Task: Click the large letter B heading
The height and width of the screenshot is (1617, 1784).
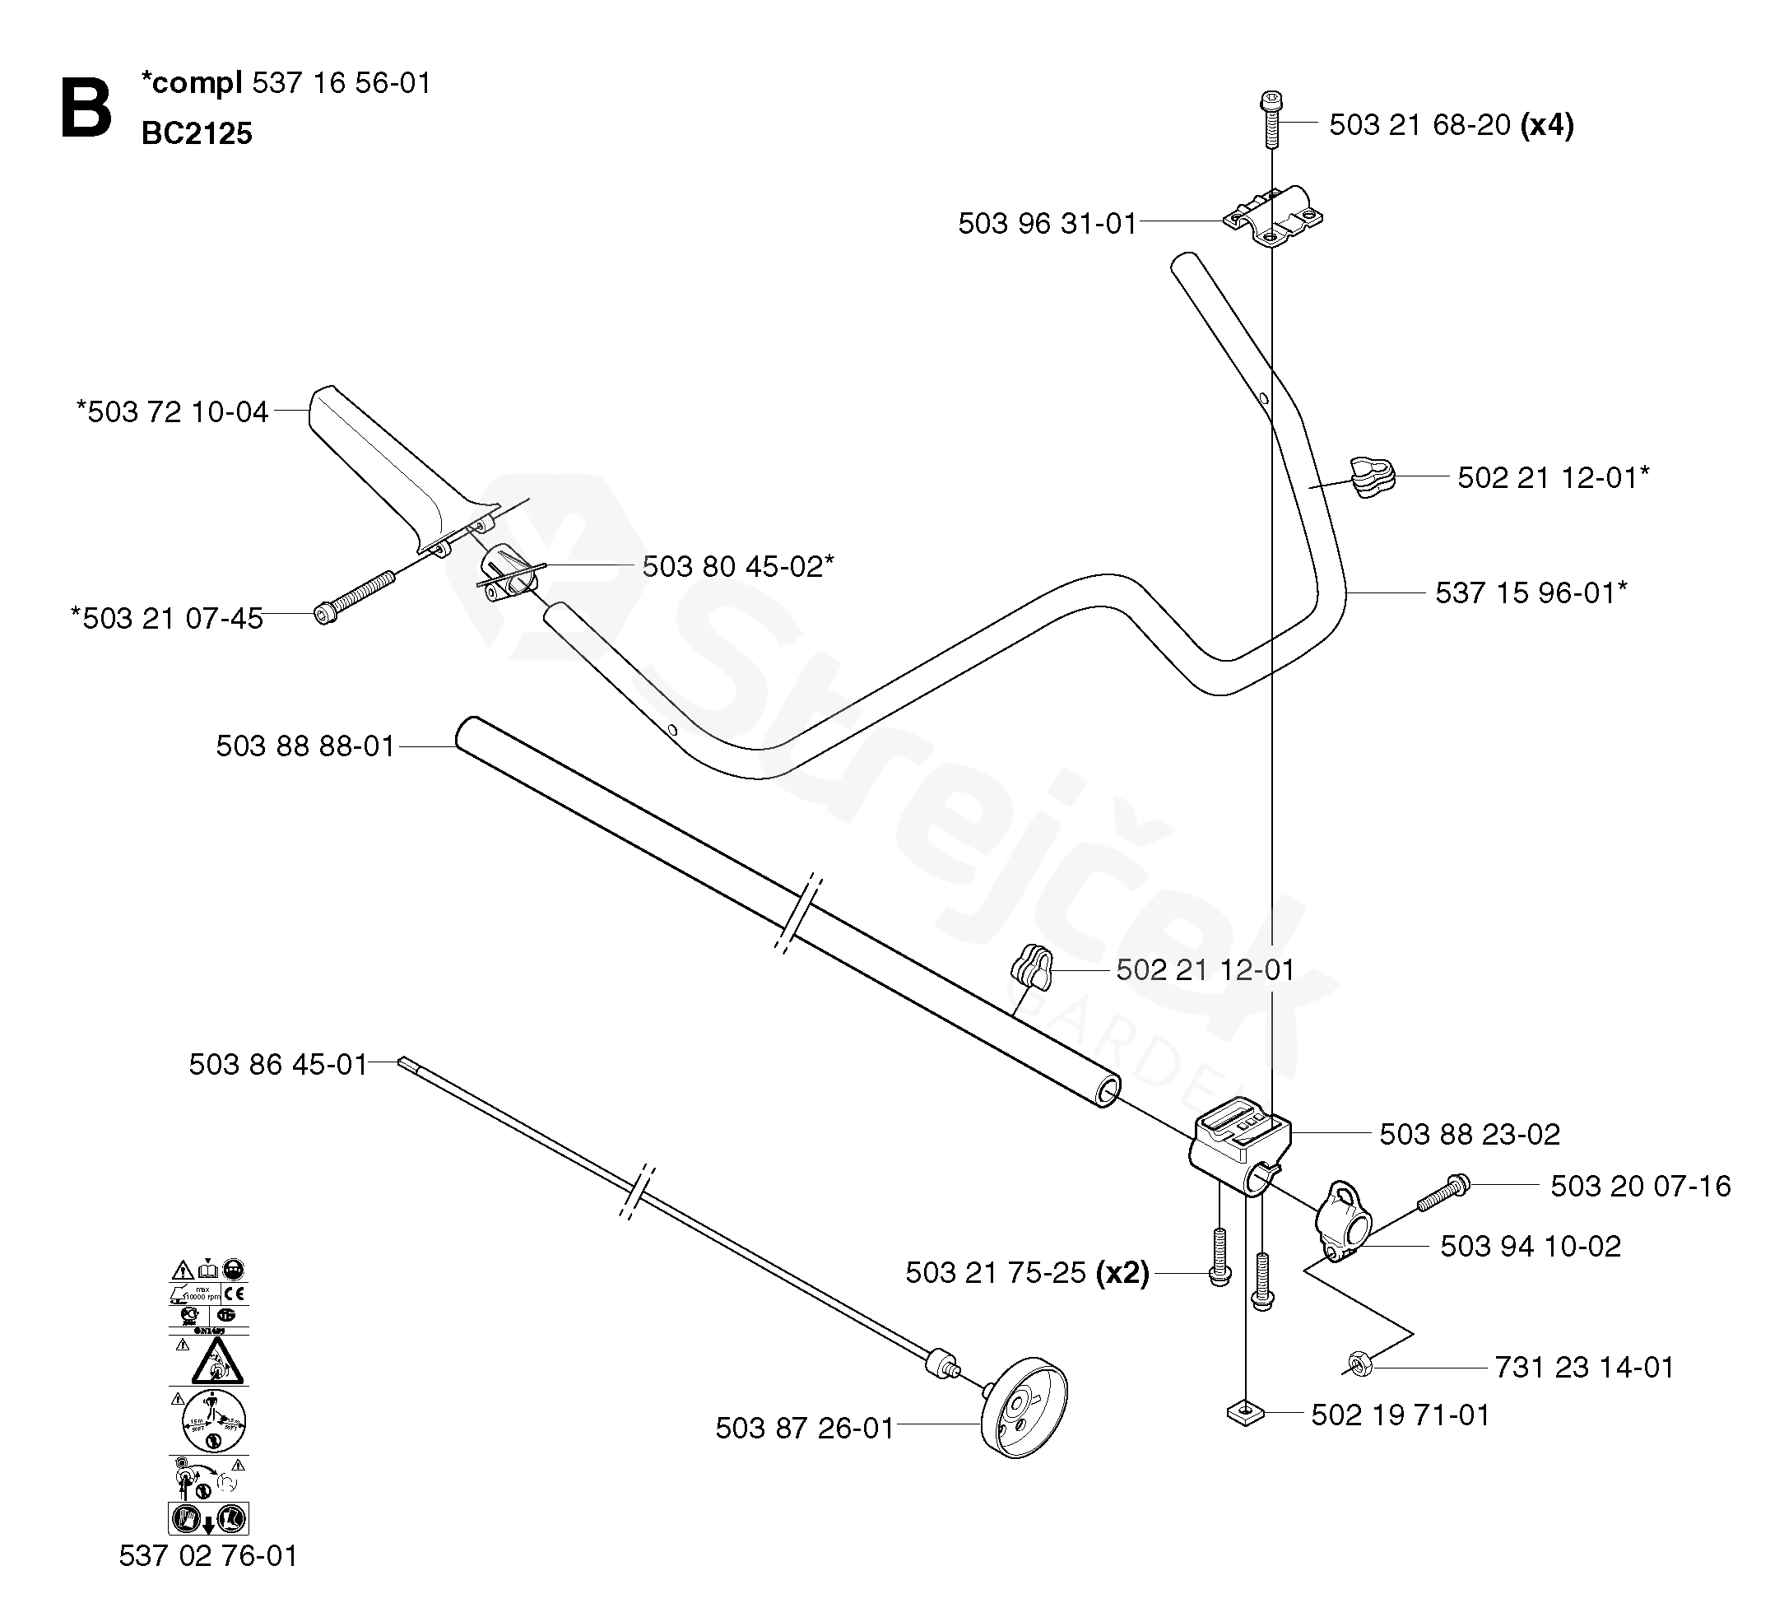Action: [x=86, y=109]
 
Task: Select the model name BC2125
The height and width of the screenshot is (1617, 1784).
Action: [x=197, y=133]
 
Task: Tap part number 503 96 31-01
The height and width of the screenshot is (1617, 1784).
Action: [x=1047, y=223]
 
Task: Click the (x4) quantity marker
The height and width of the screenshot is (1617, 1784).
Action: [x=1547, y=125]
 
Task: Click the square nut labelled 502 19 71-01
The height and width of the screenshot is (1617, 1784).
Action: [x=1246, y=1414]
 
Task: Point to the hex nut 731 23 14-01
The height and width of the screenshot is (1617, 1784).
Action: [x=1359, y=1364]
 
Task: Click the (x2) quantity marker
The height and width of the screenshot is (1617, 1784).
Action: [x=1122, y=1273]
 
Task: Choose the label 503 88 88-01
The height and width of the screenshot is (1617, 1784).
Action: [x=305, y=746]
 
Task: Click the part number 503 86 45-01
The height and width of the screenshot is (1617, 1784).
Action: [x=278, y=1064]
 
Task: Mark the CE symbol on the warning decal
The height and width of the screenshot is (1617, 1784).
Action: [x=235, y=1294]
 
